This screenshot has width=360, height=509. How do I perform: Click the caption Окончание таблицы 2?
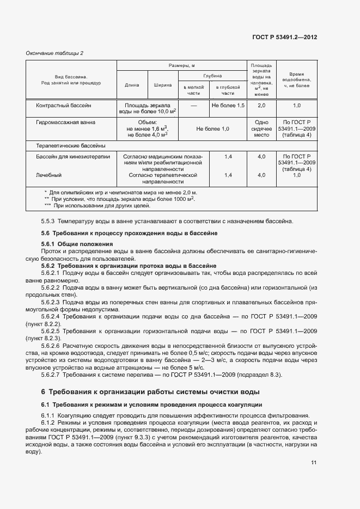55,53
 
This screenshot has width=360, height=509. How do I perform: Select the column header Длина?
132,85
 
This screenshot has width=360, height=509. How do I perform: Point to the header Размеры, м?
182,65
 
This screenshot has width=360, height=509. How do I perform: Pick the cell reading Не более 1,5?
228,105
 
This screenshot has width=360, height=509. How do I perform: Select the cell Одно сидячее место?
261,129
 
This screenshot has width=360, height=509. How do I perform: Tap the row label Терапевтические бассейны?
70,146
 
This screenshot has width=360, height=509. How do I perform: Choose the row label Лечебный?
48,175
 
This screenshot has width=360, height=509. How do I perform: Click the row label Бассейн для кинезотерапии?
73,157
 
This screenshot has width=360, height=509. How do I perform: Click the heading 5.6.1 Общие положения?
76,244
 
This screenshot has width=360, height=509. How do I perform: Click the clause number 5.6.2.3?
52,301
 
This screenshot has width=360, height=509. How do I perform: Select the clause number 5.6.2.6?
52,346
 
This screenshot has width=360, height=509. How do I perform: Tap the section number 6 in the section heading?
43,391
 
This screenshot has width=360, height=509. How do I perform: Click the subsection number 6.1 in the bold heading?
45,404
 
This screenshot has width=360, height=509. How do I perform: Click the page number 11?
314,463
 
